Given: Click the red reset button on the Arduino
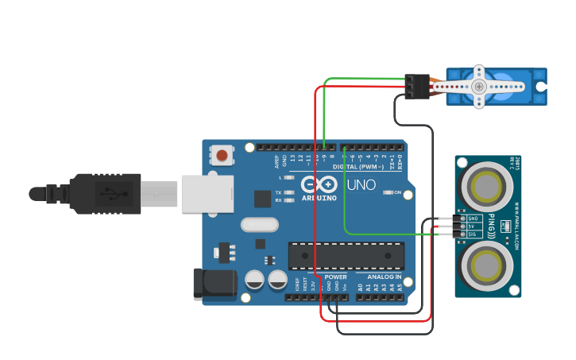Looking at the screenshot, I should pyautogui.click(x=222, y=155).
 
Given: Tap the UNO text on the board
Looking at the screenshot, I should pyautogui.click(x=361, y=185).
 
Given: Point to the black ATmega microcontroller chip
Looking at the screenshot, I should pyautogui.click(x=346, y=255).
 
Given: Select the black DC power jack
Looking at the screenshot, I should pyautogui.click(x=214, y=284).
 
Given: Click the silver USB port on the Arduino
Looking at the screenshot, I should pyautogui.click(x=207, y=194).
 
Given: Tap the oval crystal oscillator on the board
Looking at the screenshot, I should pyautogui.click(x=259, y=225).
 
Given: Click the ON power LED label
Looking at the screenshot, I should pyautogui.click(x=397, y=192).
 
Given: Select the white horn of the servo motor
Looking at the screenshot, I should pyautogui.click(x=478, y=86).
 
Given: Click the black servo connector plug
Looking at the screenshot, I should pyautogui.click(x=416, y=86).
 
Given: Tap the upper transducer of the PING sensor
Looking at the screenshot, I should pyautogui.click(x=485, y=186).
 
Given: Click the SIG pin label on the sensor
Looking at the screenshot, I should pyautogui.click(x=473, y=234).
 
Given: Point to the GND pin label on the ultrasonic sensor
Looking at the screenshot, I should pyautogui.click(x=474, y=219).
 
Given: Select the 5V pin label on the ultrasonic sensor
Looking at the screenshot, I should pyautogui.click(x=473, y=226).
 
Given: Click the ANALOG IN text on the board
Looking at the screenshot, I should pyautogui.click(x=384, y=277).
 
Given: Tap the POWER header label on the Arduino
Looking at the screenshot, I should pyautogui.click(x=335, y=277).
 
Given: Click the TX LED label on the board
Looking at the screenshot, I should pyautogui.click(x=279, y=192).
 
